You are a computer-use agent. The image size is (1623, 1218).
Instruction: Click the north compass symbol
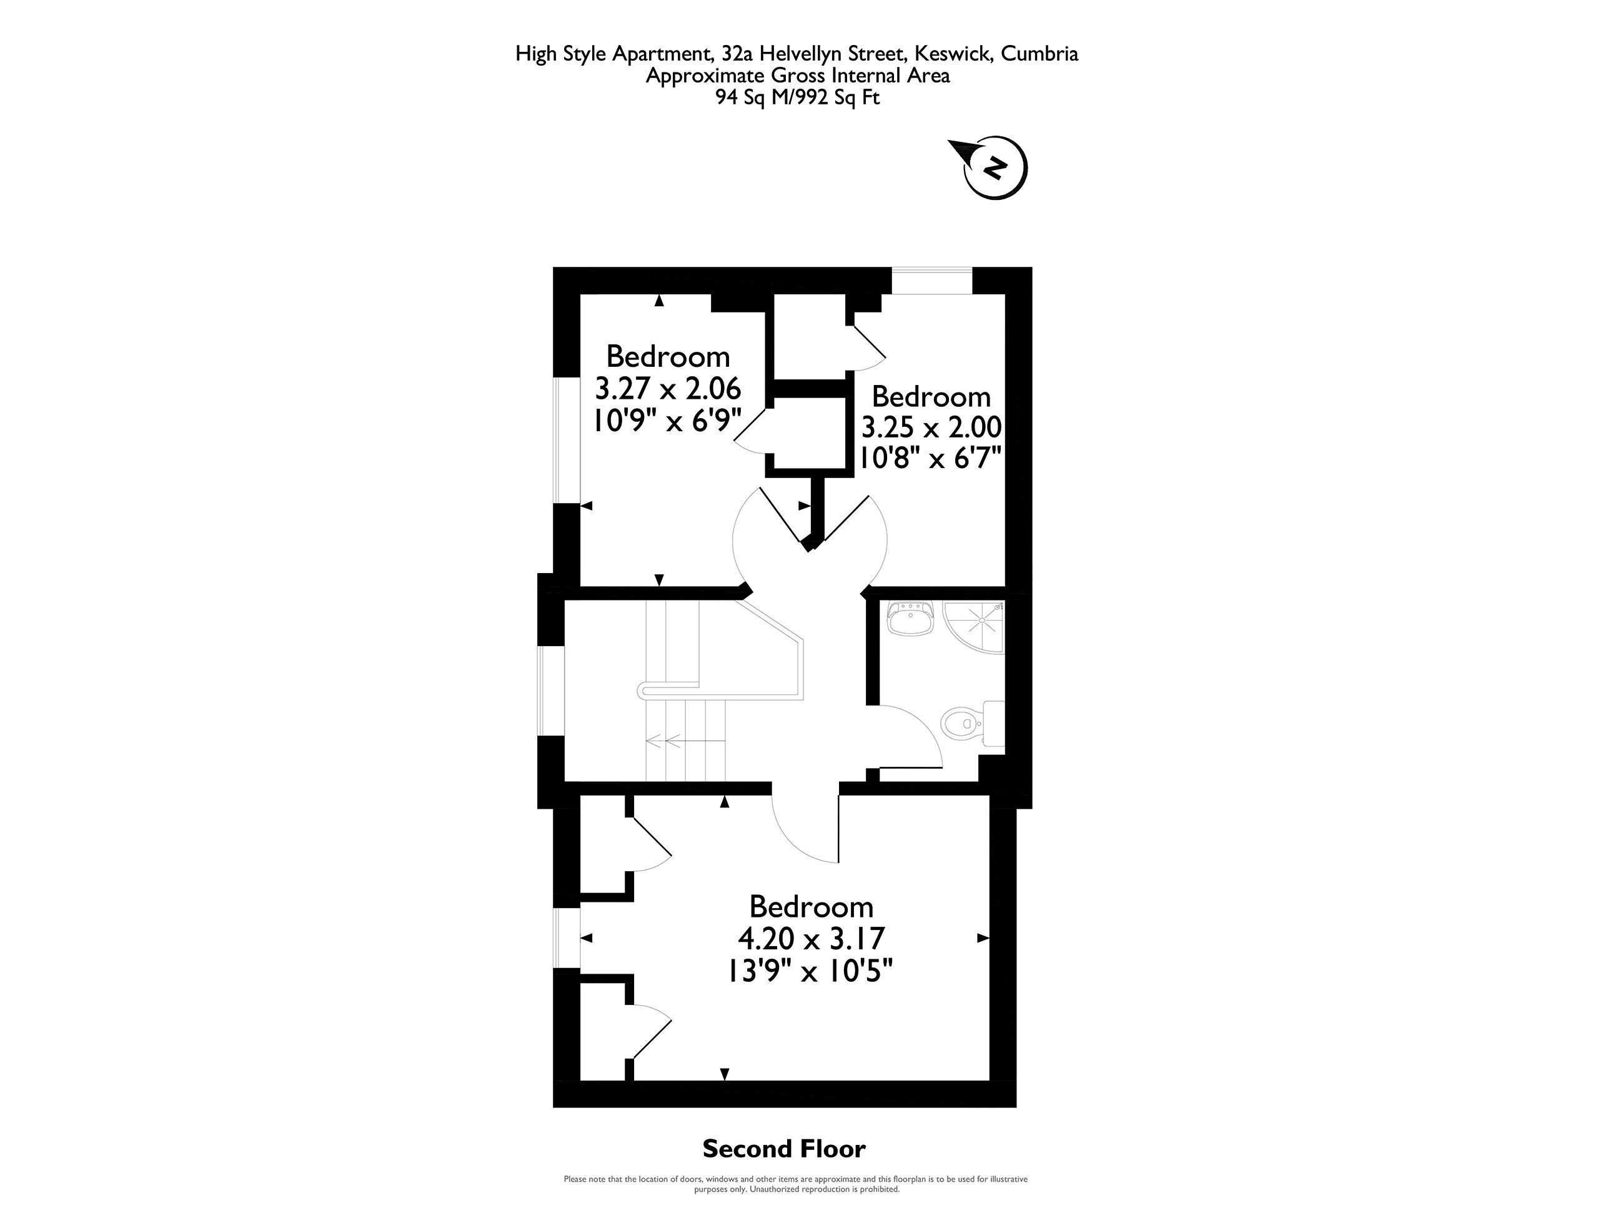point(992,167)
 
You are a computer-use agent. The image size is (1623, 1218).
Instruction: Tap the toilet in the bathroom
point(972,724)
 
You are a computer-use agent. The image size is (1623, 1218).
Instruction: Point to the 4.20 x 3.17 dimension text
point(811,938)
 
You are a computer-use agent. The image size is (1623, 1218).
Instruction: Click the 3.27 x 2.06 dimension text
point(667,387)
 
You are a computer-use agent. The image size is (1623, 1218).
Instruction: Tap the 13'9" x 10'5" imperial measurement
point(810,971)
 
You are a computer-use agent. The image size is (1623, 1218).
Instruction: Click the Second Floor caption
point(783,1148)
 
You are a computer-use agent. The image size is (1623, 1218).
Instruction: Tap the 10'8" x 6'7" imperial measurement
point(930,459)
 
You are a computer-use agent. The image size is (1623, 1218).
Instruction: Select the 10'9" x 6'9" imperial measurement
point(667,420)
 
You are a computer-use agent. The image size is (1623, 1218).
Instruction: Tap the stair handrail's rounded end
point(643,689)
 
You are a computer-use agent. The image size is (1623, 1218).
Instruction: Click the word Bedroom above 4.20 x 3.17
point(811,906)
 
